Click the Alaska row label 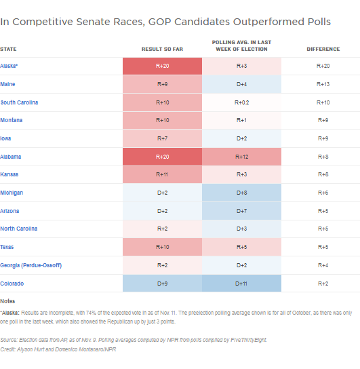click(x=9, y=66)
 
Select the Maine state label click(x=8, y=84)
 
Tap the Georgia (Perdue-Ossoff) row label click(x=31, y=265)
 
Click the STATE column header click(x=9, y=49)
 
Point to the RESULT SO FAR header click(x=162, y=49)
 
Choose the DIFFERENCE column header click(x=323, y=49)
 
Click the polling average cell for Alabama click(x=242, y=157)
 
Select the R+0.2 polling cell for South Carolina click(x=242, y=102)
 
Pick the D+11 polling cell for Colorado click(x=242, y=284)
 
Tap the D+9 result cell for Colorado click(x=162, y=284)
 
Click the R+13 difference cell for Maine click(x=323, y=84)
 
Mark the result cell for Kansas click(x=162, y=175)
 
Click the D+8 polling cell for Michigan click(x=242, y=193)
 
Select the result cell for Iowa click(x=162, y=138)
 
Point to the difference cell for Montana click(x=323, y=121)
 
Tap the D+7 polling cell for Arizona click(x=242, y=211)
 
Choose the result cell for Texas click(x=162, y=247)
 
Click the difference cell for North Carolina click(x=323, y=229)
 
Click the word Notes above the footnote click(x=7, y=300)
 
